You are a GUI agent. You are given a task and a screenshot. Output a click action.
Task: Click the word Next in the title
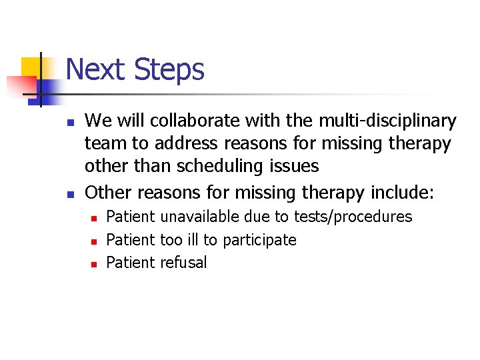pyautogui.click(x=95, y=69)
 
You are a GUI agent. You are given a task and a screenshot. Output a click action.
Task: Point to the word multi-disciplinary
pyautogui.click(x=386, y=121)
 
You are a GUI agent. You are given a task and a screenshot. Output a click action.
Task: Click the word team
pyautogui.click(x=105, y=143)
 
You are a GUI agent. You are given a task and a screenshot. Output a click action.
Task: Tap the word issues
pyautogui.click(x=297, y=165)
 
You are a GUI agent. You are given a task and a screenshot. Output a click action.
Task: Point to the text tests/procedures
pyautogui.click(x=356, y=217)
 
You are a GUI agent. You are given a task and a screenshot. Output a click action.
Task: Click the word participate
pyautogui.click(x=260, y=239)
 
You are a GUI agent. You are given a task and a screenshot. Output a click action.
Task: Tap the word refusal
pyautogui.click(x=183, y=262)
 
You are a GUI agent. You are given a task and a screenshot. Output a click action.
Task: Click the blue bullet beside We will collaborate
pyautogui.click(x=69, y=122)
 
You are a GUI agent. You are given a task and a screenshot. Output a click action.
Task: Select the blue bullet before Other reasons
pyautogui.click(x=69, y=194)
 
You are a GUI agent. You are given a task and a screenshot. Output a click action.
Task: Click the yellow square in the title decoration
pyautogui.click(x=32, y=68)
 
